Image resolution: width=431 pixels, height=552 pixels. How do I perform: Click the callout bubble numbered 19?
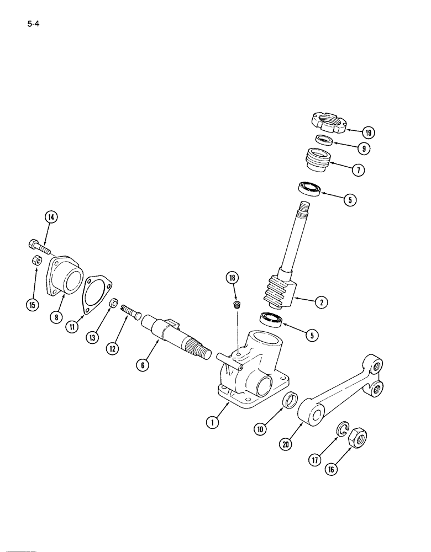(369, 132)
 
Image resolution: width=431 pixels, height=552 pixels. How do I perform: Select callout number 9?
(363, 148)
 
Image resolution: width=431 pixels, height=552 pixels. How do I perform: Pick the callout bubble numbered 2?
(319, 301)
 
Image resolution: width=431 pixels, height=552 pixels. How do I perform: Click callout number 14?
(51, 217)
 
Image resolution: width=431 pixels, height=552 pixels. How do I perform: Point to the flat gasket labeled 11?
(97, 293)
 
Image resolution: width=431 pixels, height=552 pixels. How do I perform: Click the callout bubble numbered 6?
(143, 365)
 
